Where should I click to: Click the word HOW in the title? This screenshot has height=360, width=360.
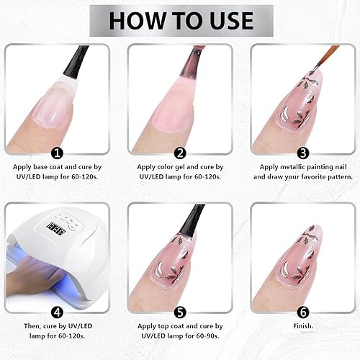tap(137, 20)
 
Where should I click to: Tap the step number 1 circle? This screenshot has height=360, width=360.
tap(57, 153)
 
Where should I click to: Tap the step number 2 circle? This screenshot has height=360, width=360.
tap(180, 153)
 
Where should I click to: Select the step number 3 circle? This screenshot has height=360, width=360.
tap(303, 153)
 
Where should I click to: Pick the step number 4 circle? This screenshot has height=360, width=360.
tap(57, 312)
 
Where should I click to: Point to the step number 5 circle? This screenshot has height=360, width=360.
tap(180, 312)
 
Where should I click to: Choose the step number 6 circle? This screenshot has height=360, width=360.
tap(303, 312)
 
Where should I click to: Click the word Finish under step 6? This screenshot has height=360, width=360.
tap(303, 326)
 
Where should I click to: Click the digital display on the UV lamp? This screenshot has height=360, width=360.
tap(56, 229)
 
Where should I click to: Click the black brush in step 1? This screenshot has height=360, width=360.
tap(75, 62)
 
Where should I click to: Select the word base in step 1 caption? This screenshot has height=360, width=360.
tap(40, 167)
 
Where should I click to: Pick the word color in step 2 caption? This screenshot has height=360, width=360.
tap(165, 167)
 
